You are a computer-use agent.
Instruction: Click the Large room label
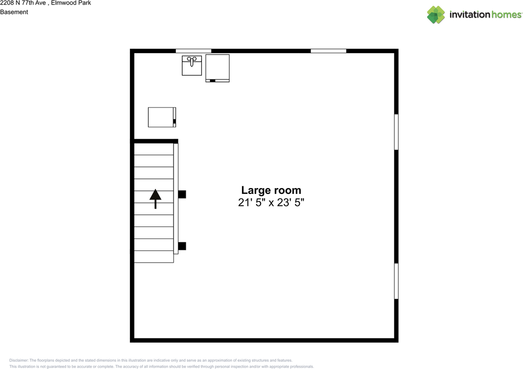pos(271,190)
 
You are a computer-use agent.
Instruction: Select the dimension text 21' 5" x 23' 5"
pos(271,202)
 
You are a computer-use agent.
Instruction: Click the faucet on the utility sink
pos(192,61)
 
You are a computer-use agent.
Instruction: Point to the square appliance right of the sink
pos(217,68)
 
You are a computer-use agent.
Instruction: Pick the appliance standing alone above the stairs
pos(162,117)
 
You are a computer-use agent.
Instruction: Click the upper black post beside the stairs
pos(182,194)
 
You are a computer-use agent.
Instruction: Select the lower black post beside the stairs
pos(182,246)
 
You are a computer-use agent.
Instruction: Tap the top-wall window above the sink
pos(193,51)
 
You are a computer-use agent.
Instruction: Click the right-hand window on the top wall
pos(328,51)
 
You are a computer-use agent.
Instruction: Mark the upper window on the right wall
pos(396,132)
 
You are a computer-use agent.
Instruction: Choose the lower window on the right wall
pos(396,281)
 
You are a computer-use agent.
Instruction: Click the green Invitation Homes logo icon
pos(436,15)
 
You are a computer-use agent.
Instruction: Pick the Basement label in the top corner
pos(14,12)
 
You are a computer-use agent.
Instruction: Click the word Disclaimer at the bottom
pos(19,360)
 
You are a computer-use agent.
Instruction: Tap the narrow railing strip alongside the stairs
pos(176,198)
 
